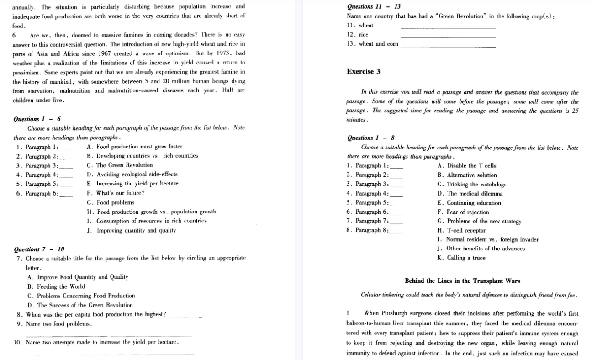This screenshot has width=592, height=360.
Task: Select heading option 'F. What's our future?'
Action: [116, 193]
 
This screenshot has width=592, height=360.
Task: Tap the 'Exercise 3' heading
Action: [364, 72]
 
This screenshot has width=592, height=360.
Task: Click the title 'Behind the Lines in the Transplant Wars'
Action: [462, 281]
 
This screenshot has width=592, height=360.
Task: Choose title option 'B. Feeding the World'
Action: [56, 286]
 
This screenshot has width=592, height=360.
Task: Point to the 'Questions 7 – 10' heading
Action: [39, 249]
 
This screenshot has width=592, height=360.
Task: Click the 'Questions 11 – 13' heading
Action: [374, 7]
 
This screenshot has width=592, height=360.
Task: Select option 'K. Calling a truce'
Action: [461, 258]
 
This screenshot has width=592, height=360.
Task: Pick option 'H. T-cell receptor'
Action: [461, 230]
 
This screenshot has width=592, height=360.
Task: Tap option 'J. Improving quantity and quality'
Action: [131, 230]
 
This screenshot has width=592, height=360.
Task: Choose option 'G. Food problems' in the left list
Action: [110, 202]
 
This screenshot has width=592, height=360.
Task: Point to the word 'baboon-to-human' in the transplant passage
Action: [366, 323]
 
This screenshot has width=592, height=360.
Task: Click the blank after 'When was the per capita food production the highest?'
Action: [185, 316]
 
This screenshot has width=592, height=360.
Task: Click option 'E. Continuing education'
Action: [469, 203]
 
